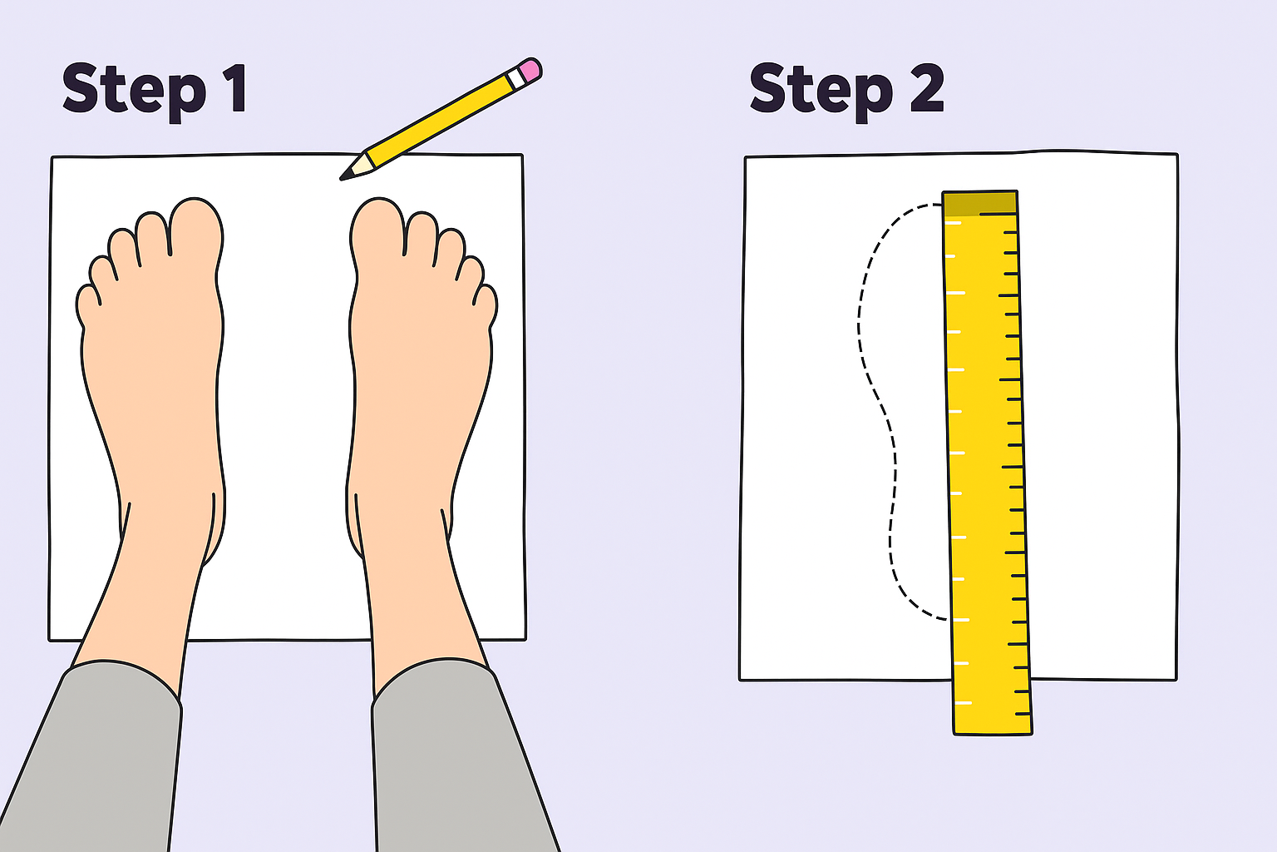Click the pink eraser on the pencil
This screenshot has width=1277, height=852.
click(530, 70)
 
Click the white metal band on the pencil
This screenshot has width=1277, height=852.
click(516, 78)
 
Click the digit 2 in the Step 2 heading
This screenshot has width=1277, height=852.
click(927, 88)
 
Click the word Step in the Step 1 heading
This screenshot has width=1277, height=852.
click(134, 92)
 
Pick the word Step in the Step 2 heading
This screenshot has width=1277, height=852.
click(821, 92)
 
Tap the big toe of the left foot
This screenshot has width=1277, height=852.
click(195, 228)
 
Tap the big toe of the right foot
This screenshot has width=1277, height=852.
click(377, 228)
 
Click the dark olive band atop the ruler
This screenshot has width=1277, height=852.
click(979, 203)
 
